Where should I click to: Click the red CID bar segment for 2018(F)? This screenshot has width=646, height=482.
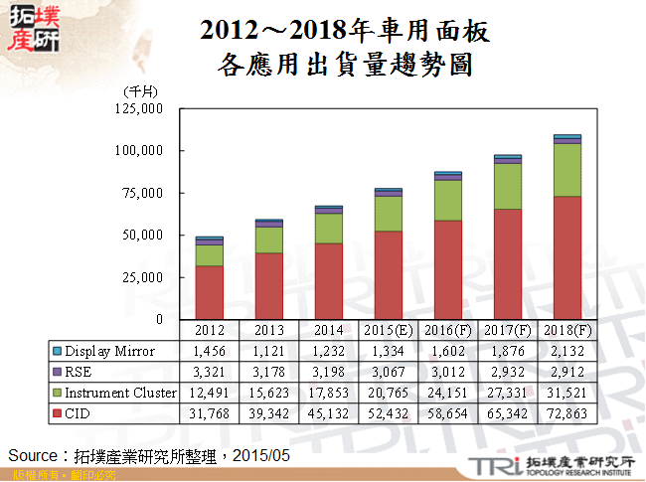point(567,257)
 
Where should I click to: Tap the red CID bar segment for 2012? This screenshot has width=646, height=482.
point(209,292)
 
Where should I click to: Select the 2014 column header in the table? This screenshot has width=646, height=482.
point(328,330)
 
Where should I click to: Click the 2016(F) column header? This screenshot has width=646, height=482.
point(448,330)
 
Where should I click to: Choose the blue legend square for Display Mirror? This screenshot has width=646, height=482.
point(57,350)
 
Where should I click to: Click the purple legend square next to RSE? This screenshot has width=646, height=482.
point(57,372)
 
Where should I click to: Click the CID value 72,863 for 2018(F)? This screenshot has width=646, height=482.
point(567,413)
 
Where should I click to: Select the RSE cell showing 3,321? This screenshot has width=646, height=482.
point(209,372)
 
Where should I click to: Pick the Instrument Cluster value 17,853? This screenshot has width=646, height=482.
point(328,393)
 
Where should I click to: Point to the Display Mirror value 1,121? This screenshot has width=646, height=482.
point(268,350)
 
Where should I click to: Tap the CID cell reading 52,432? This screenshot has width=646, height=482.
point(388,413)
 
